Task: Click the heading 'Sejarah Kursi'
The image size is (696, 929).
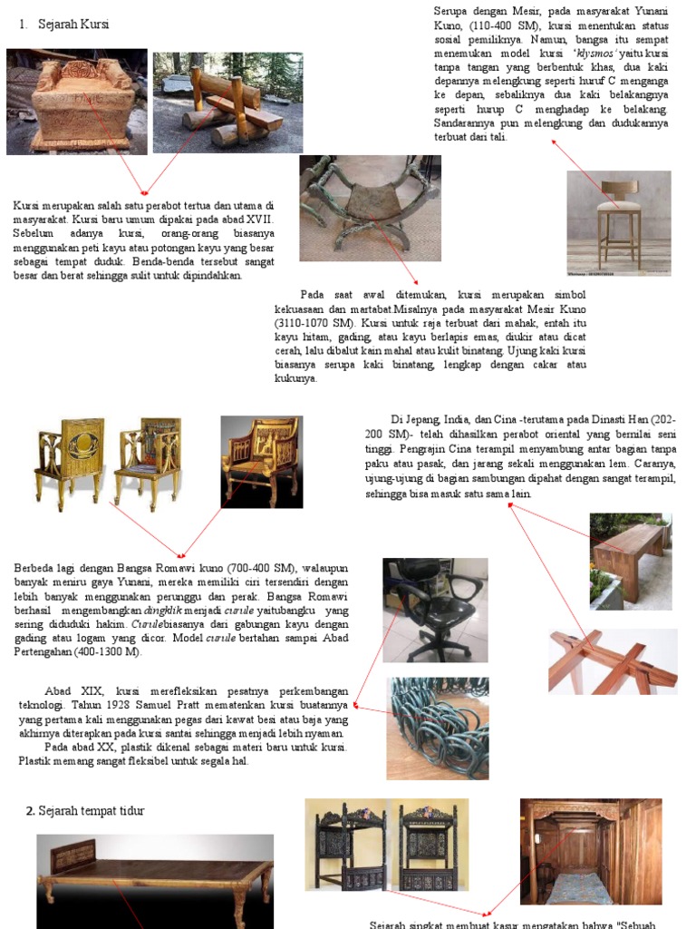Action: click(x=72, y=24)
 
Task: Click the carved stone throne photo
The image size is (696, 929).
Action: click(x=76, y=102)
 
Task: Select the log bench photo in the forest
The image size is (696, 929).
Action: click(x=227, y=102)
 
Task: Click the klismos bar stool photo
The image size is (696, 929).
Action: click(x=618, y=222)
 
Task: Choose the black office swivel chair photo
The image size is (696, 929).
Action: click(x=434, y=610)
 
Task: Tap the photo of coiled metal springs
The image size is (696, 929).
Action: click(x=438, y=728)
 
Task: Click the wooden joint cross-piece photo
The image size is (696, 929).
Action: click(x=613, y=661)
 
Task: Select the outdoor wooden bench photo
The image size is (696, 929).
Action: click(x=630, y=561)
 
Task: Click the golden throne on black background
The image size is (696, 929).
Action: click(x=261, y=461)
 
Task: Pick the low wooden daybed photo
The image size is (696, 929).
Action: click(x=154, y=880)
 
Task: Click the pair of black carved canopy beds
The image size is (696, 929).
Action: click(x=386, y=846)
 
